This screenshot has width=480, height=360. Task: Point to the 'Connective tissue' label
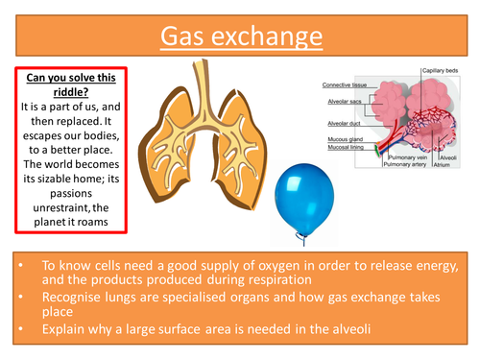tap(343, 85)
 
